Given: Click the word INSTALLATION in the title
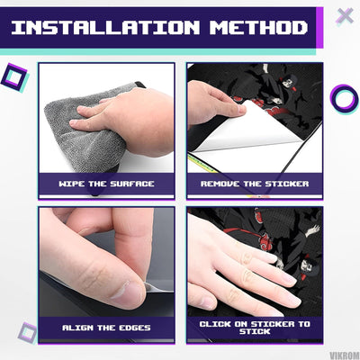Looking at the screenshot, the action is coord(105,28).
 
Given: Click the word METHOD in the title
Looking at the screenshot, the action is coord(258,28).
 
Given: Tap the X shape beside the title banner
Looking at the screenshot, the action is coord(345,16).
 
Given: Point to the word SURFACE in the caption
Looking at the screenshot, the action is coord(132,184).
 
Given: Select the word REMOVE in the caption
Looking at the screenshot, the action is coord(220,184).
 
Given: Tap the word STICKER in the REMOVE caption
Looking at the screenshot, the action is coord(287,184).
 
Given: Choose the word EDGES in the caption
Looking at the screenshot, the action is coord(135,328).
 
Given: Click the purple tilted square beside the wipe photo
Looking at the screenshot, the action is coord(15,78).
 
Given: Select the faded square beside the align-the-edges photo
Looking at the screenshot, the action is coord(28,333).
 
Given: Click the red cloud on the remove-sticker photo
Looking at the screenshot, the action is coord(277,112).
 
